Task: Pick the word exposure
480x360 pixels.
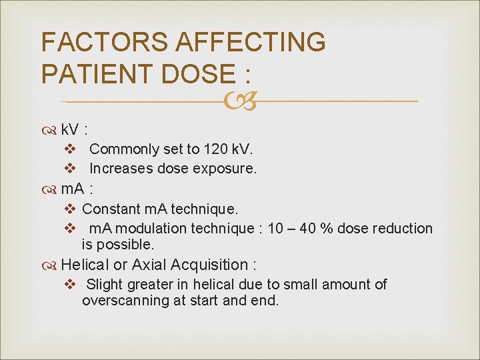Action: pyautogui.click(x=224, y=169)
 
